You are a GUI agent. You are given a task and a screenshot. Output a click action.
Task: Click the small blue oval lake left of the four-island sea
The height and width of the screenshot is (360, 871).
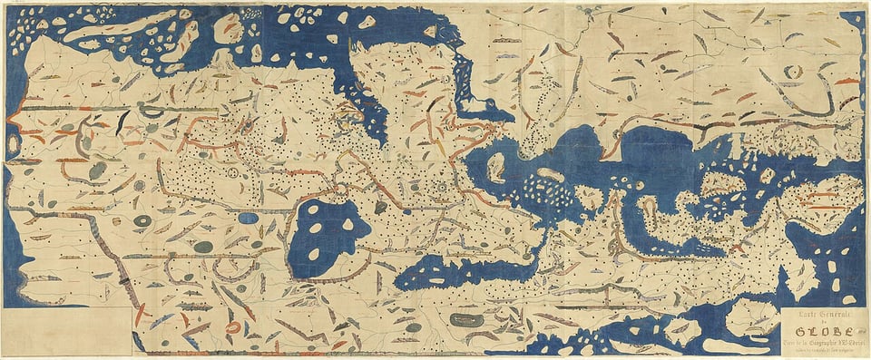pyautogui.click(x=249, y=218)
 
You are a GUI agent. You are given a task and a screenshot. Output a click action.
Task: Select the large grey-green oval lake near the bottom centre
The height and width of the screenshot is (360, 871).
pyautogui.click(x=466, y=320)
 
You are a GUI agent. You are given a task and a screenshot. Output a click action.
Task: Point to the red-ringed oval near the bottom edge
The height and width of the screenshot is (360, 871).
pyautogui.click(x=233, y=327)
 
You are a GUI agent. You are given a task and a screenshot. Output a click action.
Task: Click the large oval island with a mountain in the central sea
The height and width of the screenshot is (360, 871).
pyautogui.click(x=496, y=167)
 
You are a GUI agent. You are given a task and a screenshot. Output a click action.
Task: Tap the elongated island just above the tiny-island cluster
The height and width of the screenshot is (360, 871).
pyautogui.click(x=549, y=174)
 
